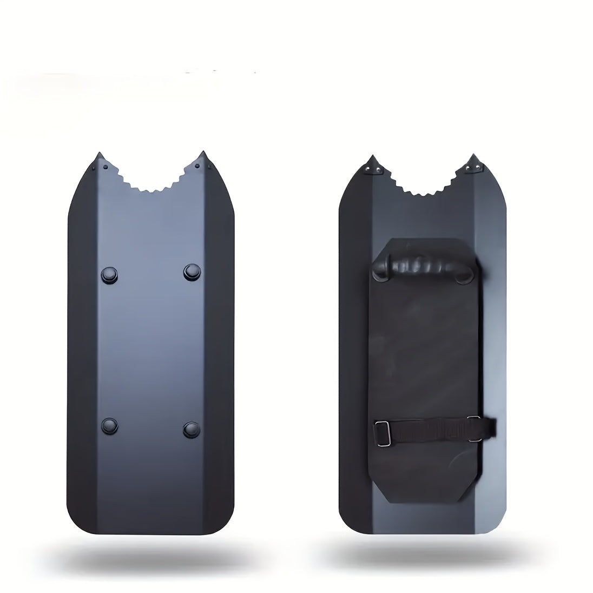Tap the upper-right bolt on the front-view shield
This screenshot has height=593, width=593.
pos(192,271)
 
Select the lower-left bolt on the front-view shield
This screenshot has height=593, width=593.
pos(110,425)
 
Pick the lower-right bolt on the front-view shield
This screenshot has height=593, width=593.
pos(192,429)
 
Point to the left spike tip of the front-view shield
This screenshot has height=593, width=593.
pos(98,154)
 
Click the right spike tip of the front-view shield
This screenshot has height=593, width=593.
pos(203,153)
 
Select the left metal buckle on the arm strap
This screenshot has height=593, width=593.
pos(383,433)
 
